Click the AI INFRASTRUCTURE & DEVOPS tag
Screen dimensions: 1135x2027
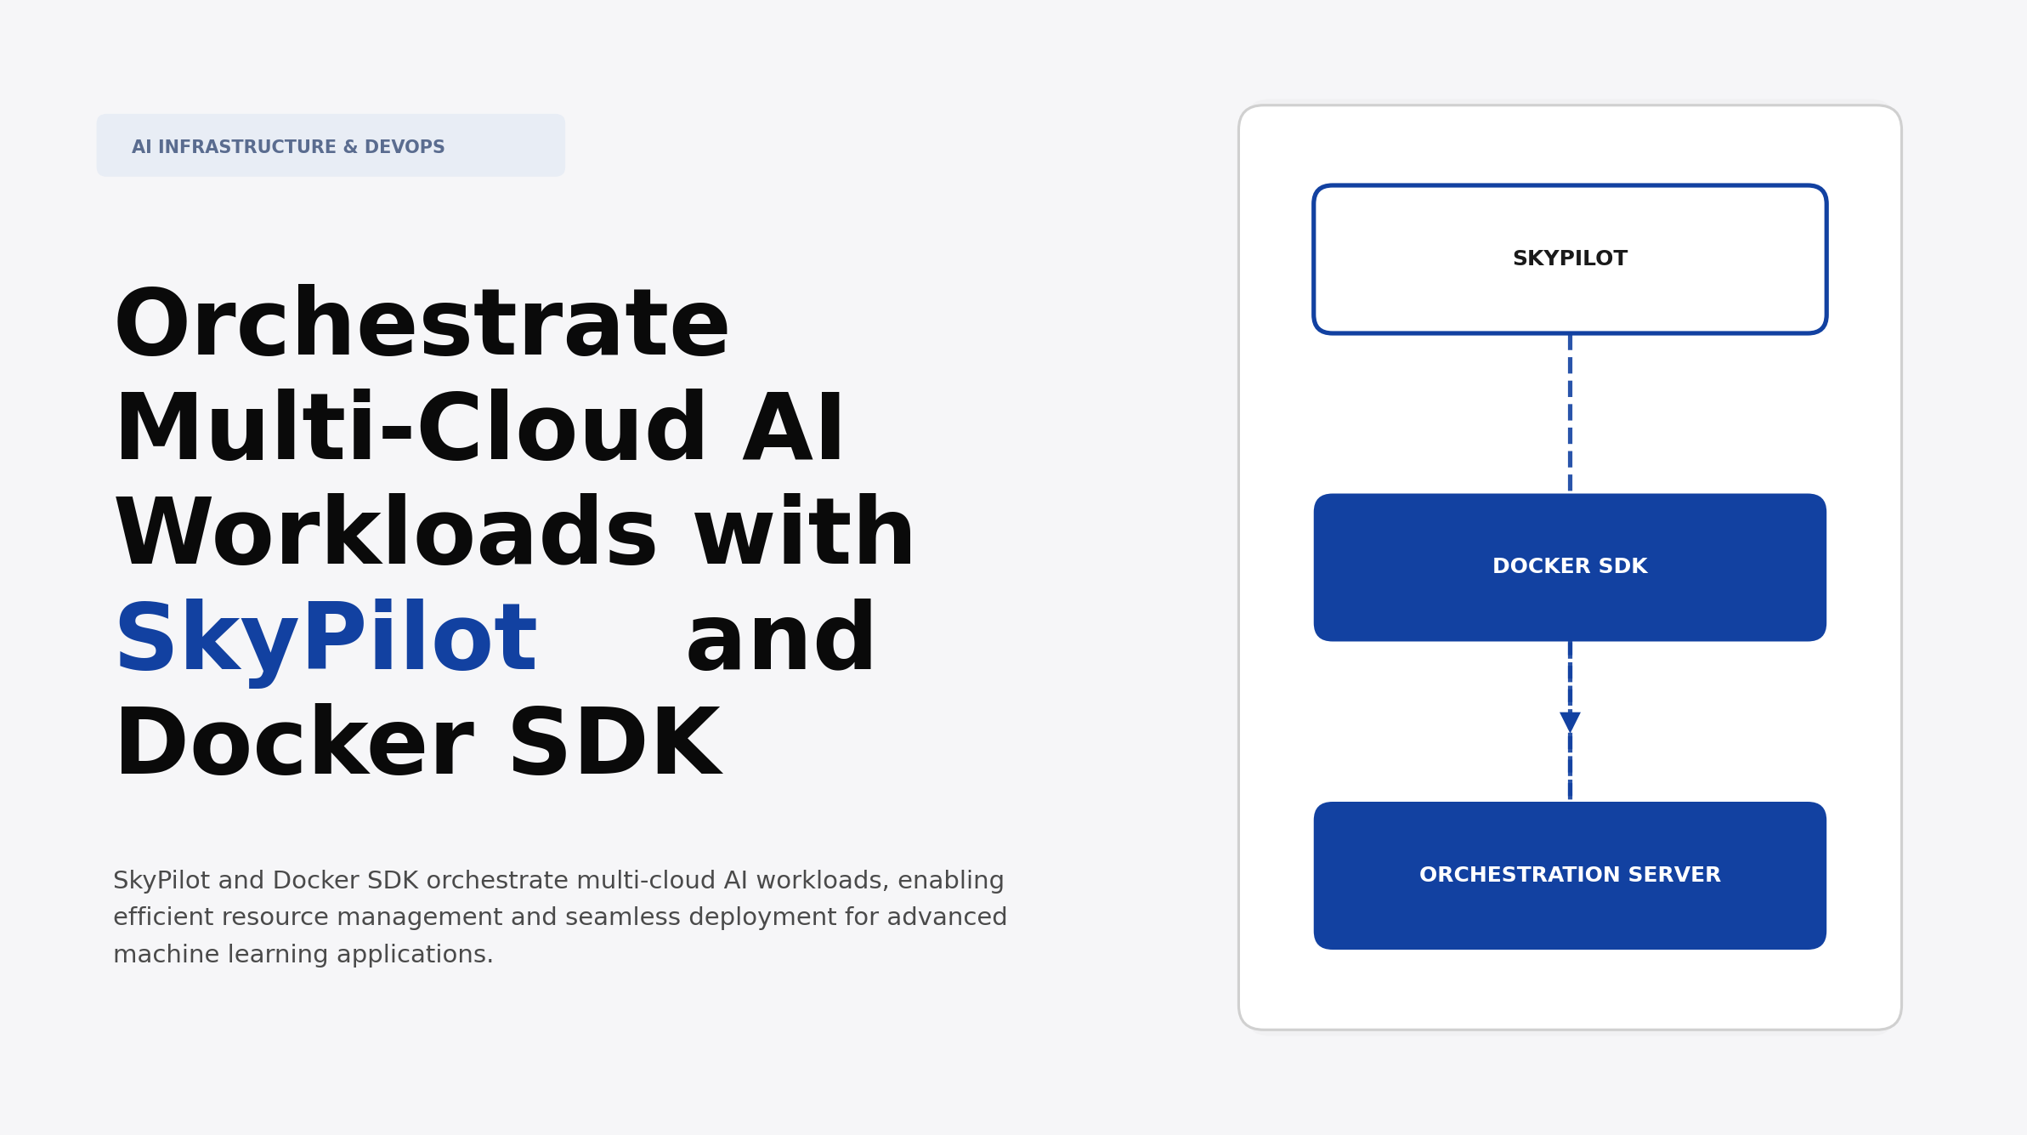[330, 146]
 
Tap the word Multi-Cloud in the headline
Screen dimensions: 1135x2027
[410, 430]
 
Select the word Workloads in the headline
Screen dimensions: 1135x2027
[386, 535]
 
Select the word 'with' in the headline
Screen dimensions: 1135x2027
[804, 535]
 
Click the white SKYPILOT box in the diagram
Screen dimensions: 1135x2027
[1569, 259]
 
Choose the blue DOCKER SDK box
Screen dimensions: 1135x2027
[1569, 567]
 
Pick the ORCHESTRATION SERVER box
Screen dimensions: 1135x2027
[1569, 875]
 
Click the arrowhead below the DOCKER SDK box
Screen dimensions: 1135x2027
[1569, 722]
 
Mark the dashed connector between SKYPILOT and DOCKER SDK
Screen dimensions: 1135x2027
[1569, 413]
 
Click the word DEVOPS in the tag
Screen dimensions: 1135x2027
[405, 147]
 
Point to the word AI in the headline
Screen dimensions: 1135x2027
[793, 430]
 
